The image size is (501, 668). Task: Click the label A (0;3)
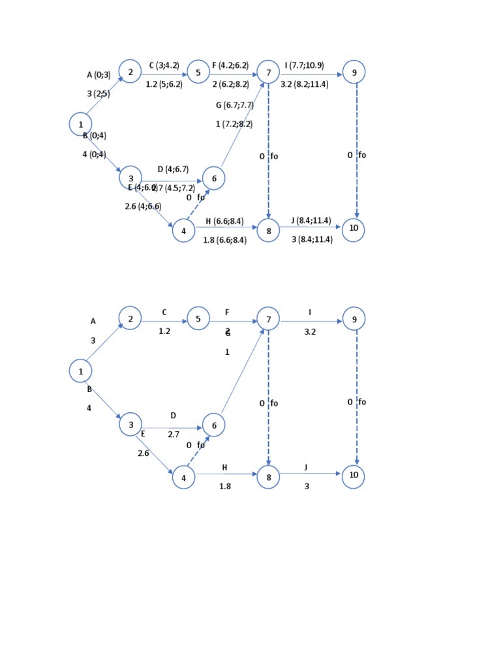(x=99, y=75)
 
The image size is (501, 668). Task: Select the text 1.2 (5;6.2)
(x=164, y=84)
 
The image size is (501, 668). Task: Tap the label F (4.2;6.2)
(x=230, y=65)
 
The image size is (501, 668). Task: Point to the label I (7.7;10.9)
(x=304, y=65)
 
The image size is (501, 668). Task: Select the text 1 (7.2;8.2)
(x=234, y=124)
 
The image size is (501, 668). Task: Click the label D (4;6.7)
(x=173, y=170)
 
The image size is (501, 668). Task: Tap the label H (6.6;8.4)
(x=224, y=221)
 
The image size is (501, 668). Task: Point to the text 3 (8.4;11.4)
(x=312, y=239)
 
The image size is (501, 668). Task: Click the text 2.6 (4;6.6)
(x=143, y=206)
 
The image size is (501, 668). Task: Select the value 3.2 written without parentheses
(x=310, y=331)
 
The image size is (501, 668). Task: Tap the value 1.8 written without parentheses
(x=224, y=486)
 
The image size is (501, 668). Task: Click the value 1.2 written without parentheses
(x=164, y=331)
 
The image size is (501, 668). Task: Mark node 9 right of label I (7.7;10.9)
(x=354, y=72)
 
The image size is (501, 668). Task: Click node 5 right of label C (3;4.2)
(x=198, y=72)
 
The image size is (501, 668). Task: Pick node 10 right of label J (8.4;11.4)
(x=354, y=230)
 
